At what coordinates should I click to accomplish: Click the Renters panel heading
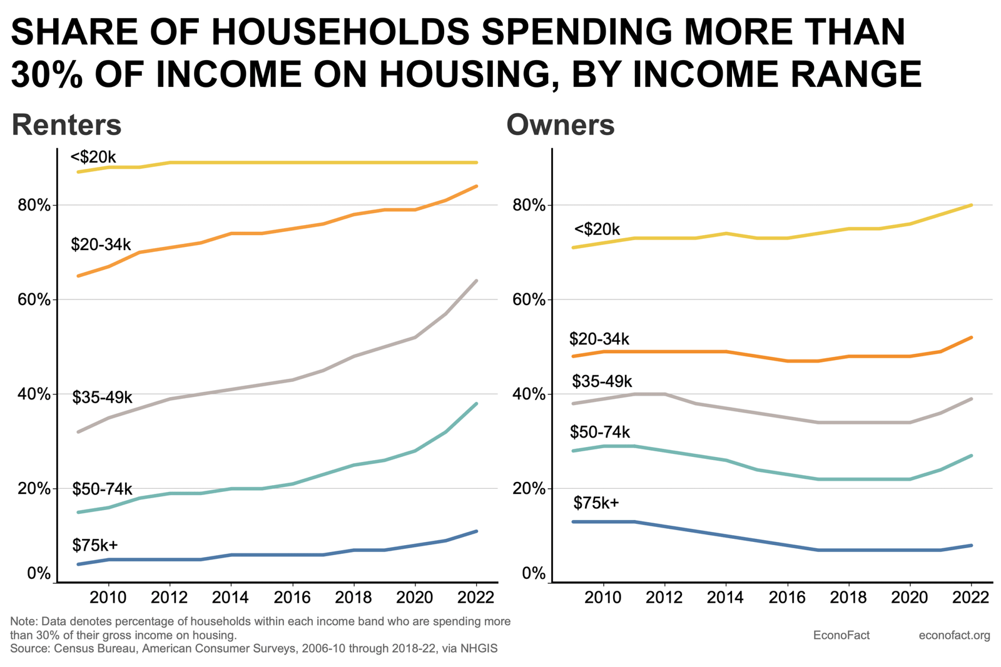point(66,125)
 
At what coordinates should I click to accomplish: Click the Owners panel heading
point(560,125)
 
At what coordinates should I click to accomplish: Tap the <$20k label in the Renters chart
point(93,158)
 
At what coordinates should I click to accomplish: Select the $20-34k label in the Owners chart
point(599,339)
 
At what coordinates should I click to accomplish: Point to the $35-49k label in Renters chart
point(102,398)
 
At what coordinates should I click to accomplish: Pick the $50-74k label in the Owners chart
point(599,432)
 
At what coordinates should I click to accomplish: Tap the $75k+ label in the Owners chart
point(596,503)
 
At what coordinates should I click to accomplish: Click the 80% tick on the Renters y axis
point(34,206)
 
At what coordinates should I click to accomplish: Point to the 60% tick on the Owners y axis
point(529,300)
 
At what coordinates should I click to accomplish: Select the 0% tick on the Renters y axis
point(38,574)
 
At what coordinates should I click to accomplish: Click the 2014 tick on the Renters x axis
point(231,598)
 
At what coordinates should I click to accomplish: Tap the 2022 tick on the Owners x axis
point(970,598)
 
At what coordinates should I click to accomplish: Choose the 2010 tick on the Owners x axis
point(603,598)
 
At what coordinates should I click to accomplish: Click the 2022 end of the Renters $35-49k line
point(477,281)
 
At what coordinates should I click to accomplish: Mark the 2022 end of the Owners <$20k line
point(971,205)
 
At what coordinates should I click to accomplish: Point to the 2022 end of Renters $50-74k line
point(477,404)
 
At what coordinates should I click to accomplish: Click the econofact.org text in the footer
point(954,636)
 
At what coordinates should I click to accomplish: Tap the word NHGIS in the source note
point(479,649)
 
